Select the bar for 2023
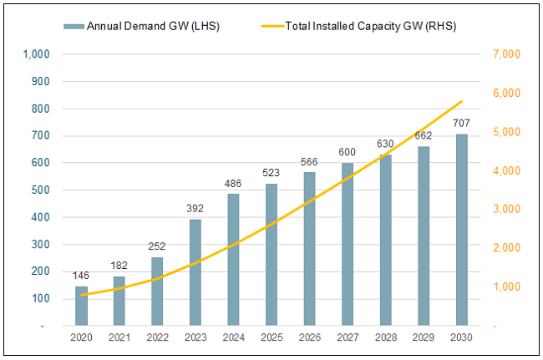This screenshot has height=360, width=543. [195, 272]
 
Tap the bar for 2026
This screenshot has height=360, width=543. [309, 249]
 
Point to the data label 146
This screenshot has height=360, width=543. [81, 275]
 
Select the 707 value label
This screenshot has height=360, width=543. [461, 123]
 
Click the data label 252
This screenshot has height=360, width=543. [157, 246]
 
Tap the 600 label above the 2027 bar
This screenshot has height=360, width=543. [348, 152]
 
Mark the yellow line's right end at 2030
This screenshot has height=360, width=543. [461, 102]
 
